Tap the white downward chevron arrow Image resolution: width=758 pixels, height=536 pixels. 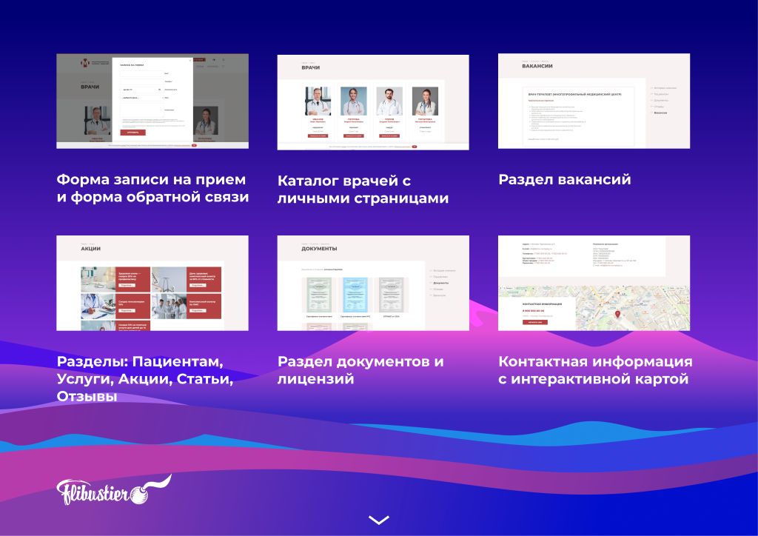pos(378,520)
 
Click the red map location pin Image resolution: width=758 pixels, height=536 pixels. pos(618,313)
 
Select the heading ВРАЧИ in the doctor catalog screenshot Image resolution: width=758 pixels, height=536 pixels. pos(311,68)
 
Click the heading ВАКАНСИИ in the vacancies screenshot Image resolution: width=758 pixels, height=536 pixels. pos(537,66)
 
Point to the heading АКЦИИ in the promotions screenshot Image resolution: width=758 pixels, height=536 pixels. pos(90,249)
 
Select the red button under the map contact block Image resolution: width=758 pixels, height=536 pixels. pos(535,322)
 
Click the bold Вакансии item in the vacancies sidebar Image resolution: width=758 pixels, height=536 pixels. pos(660,113)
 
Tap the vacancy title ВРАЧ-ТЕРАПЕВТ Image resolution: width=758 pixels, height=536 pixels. pos(548,94)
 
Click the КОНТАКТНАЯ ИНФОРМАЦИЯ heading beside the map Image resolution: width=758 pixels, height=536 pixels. pos(548,304)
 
